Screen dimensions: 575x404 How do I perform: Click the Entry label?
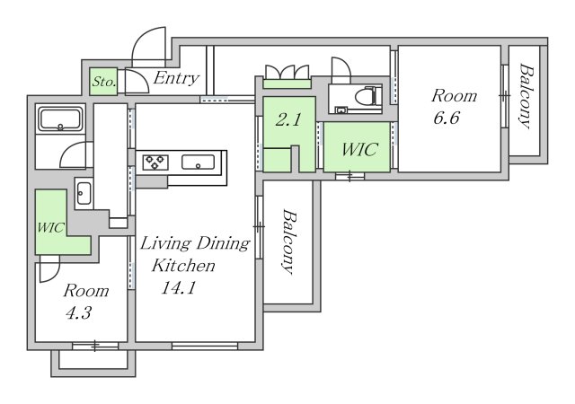click(x=176, y=78)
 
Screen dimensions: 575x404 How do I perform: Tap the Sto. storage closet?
click(x=104, y=82)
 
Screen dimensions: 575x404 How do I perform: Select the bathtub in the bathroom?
click(x=60, y=119)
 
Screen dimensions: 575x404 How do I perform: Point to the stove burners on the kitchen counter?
click(x=155, y=162)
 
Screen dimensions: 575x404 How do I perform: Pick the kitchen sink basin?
click(x=198, y=162)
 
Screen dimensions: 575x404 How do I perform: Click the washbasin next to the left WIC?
click(x=84, y=193)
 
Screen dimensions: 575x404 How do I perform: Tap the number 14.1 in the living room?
click(x=178, y=288)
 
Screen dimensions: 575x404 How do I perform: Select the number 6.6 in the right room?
click(x=446, y=118)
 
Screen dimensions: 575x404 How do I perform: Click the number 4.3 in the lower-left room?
click(x=78, y=313)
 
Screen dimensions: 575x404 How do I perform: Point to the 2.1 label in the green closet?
click(x=288, y=120)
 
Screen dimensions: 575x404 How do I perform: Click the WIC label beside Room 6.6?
click(x=358, y=149)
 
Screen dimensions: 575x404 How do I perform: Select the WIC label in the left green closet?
click(x=51, y=228)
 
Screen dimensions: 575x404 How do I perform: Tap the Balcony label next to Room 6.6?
click(x=525, y=96)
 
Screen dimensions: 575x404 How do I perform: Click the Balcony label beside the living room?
click(x=289, y=242)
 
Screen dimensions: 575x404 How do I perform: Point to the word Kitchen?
click(x=183, y=266)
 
